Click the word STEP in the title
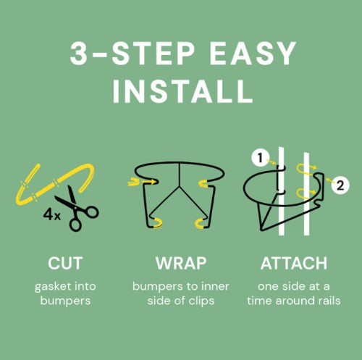(x=153, y=53)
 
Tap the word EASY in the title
(x=253, y=53)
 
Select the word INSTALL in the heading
(x=182, y=91)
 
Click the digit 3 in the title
(x=78, y=53)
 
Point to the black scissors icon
(x=77, y=208)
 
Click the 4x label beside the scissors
(x=51, y=214)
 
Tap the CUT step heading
(x=65, y=263)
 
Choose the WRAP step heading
(x=181, y=263)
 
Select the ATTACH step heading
(x=294, y=263)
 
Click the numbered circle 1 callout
(x=260, y=158)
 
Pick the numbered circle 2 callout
(x=340, y=185)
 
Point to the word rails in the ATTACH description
(x=329, y=301)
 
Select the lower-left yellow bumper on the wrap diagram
(x=157, y=223)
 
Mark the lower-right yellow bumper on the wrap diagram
(x=201, y=223)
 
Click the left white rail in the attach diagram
(x=282, y=191)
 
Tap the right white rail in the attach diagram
(x=306, y=193)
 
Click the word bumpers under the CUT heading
(x=65, y=301)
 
